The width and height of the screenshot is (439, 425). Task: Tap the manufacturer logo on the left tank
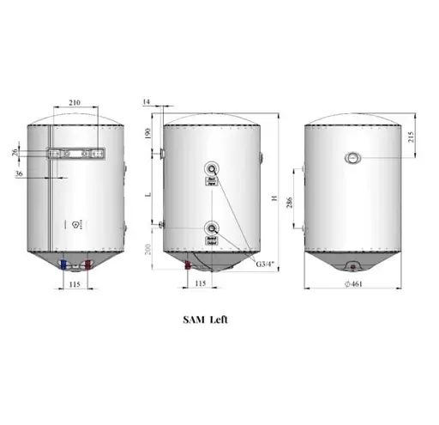tap(77, 223)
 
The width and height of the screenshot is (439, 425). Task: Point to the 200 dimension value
tap(147, 248)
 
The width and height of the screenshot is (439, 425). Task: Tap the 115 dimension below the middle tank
tap(201, 283)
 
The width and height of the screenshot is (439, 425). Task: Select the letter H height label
tap(273, 199)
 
